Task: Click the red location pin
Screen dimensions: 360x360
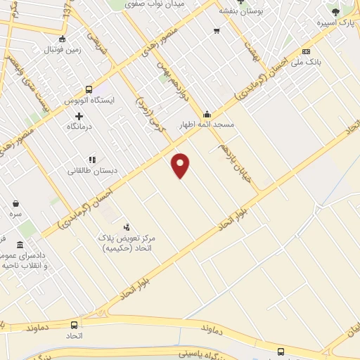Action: click(181, 165)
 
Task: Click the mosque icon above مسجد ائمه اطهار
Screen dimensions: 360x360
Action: click(207, 114)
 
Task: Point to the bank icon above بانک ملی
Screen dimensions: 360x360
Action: click(306, 51)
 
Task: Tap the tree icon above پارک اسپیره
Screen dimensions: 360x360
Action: click(335, 12)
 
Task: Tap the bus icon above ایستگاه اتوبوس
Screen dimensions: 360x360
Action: click(89, 89)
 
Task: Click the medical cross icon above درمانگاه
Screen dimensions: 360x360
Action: click(79, 116)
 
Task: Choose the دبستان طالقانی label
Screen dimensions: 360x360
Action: click(91, 170)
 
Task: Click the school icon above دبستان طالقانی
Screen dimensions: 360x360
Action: click(91, 160)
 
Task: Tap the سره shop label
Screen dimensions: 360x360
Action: click(15, 212)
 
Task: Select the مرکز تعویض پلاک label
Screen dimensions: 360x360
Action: click(127, 239)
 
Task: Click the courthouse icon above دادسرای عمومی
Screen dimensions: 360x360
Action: click(19, 244)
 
